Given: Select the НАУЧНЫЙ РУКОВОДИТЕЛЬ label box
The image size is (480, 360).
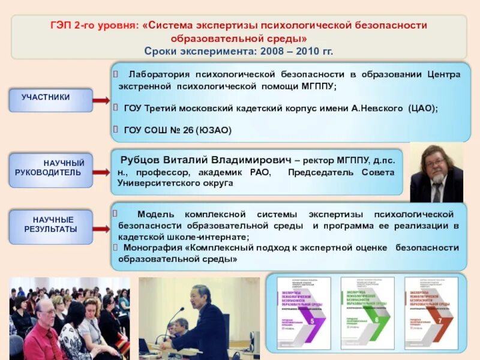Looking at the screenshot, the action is [51, 167].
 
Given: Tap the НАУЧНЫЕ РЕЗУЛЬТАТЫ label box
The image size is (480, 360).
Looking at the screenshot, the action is [51, 225].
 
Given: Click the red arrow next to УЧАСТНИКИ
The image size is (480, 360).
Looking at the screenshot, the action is [101, 100].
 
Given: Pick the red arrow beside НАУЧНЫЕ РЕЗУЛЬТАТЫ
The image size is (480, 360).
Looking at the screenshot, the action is [101, 229].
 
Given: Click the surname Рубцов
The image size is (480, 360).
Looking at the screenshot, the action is [140, 160].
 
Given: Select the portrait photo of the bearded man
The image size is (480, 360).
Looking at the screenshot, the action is [436, 172].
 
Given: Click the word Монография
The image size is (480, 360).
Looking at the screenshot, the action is [154, 248].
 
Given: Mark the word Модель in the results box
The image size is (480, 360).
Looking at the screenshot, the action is [156, 214].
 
